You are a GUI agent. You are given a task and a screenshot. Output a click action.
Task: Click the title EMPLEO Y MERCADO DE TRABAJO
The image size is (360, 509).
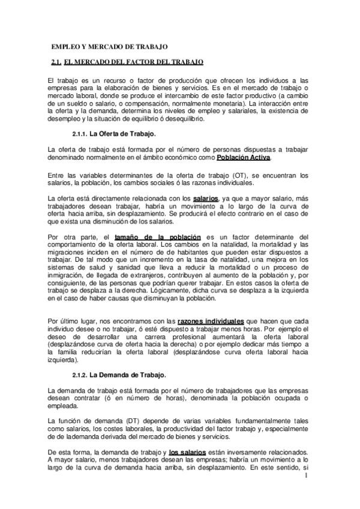[x=109, y=46]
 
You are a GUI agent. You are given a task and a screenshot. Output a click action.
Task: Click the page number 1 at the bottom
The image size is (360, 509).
[x=306, y=476]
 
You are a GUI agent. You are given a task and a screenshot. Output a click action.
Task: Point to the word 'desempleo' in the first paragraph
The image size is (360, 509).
[x=64, y=119]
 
